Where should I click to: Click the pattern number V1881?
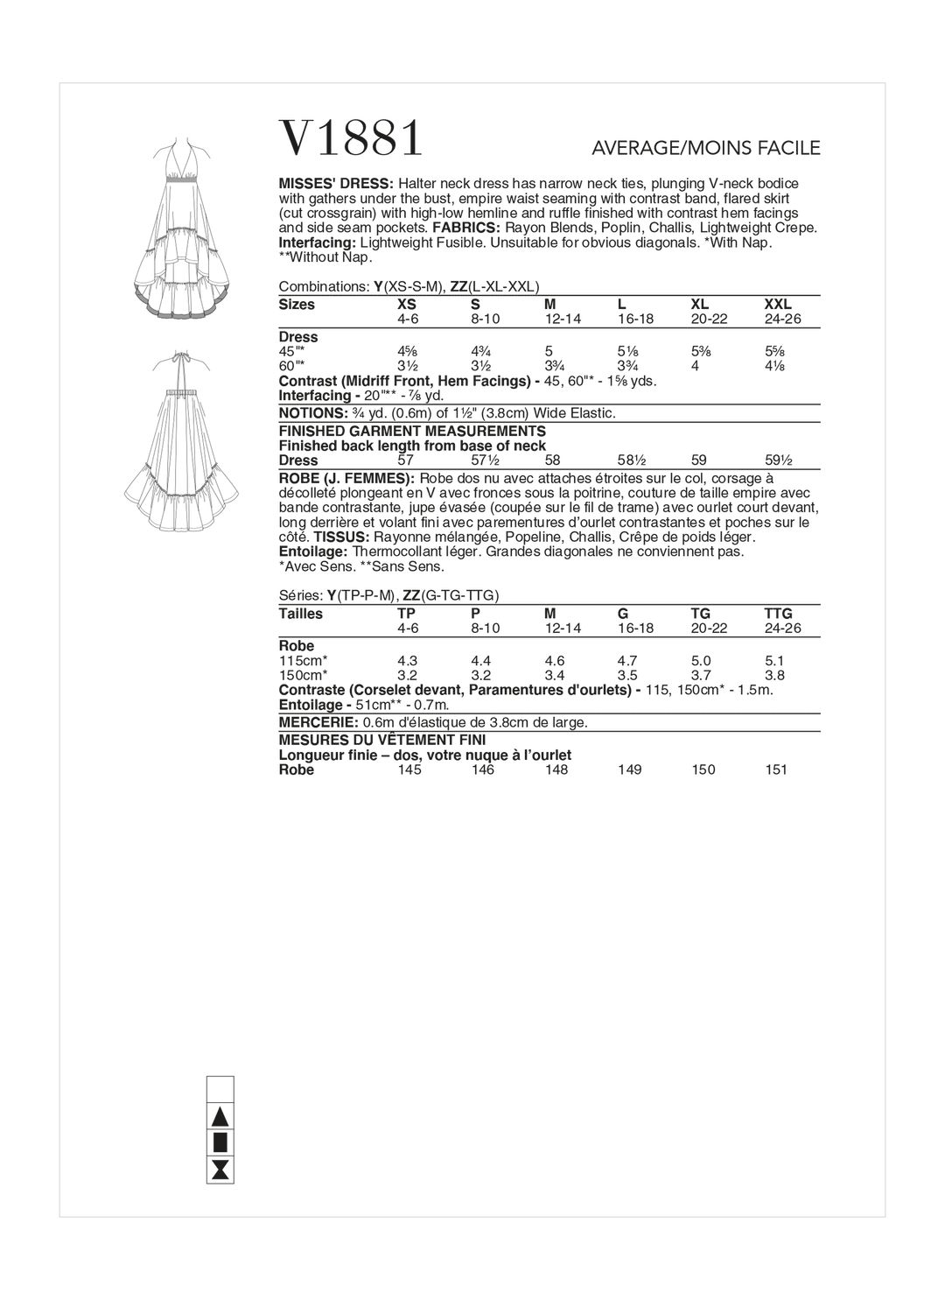click(351, 137)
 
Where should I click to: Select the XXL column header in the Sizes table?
click(777, 305)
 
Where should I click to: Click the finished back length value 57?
click(405, 460)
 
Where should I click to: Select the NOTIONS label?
click(311, 412)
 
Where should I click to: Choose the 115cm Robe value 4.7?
click(628, 661)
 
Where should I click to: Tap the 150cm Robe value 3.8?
click(774, 675)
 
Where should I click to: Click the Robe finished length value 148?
click(556, 769)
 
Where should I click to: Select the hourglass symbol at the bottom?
click(220, 1169)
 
